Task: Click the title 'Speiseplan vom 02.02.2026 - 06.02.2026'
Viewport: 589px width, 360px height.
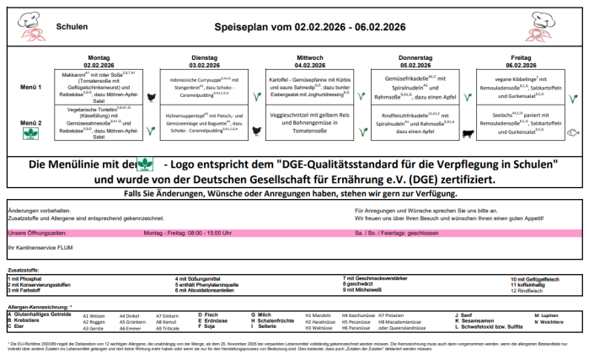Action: pos(309,26)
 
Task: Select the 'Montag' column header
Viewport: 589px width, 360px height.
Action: pos(99,56)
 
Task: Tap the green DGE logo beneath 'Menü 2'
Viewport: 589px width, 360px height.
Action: pos(31,133)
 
